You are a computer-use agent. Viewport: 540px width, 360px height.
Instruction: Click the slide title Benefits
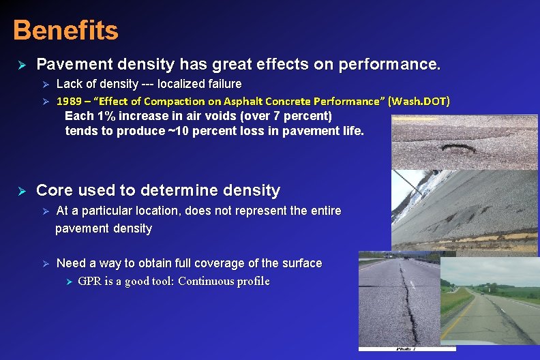click(65, 30)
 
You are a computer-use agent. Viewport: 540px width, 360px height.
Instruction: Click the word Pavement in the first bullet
click(68, 65)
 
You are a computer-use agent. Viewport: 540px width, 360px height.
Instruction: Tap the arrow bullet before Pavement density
click(21, 65)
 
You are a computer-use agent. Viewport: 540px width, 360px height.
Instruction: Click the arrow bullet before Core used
click(21, 191)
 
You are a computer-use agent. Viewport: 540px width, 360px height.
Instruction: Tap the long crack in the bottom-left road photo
click(409, 307)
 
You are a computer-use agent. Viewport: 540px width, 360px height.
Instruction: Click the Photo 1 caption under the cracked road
click(407, 348)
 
